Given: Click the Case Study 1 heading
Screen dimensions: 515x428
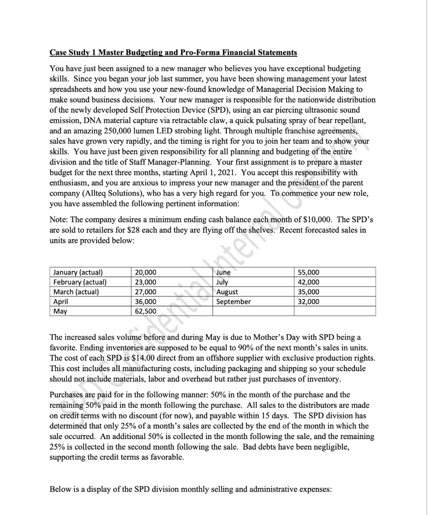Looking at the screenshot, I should [x=174, y=52].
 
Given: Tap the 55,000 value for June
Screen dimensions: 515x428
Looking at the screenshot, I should [x=309, y=272].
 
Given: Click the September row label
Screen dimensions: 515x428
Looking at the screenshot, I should [x=233, y=301].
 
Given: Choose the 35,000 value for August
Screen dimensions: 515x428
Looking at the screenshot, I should [x=309, y=292].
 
